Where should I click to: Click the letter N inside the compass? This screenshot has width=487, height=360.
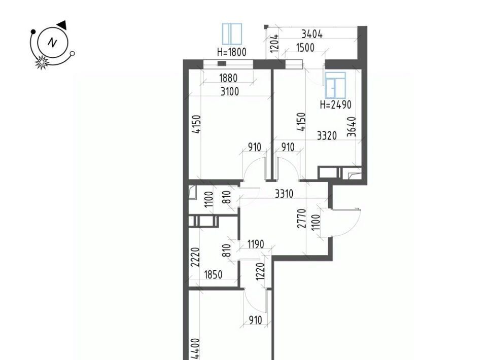(52, 42)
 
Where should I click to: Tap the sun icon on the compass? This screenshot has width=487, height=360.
(41, 62)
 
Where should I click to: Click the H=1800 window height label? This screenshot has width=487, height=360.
(232, 52)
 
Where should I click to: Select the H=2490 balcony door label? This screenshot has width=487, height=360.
(336, 104)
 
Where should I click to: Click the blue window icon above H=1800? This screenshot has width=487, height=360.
(232, 34)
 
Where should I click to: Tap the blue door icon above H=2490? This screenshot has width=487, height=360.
(335, 85)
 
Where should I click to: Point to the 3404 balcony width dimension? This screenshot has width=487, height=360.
(312, 34)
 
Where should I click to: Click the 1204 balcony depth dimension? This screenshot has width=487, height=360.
(274, 43)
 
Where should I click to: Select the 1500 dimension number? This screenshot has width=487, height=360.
(305, 48)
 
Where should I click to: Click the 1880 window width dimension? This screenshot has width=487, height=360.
(228, 78)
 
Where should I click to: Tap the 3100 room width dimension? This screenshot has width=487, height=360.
(230, 92)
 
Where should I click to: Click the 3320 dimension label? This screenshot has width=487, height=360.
(327, 135)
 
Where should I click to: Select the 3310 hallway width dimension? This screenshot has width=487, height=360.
(284, 194)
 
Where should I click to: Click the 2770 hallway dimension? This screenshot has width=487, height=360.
(301, 219)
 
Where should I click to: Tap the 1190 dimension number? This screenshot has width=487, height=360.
(256, 244)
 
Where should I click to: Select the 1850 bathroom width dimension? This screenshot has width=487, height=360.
(213, 275)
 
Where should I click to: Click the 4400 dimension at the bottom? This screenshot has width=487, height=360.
(196, 349)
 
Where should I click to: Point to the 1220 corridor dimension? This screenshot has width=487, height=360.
(260, 271)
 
